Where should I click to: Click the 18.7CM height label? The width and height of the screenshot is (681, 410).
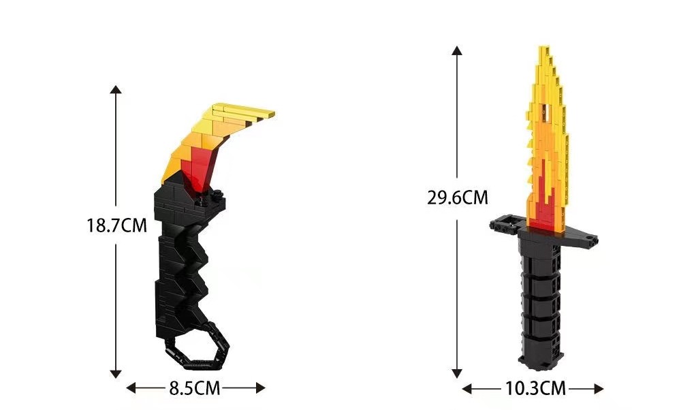click(x=117, y=226)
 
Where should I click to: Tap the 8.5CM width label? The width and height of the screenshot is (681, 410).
click(x=195, y=388)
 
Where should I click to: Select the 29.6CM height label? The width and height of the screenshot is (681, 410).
click(x=458, y=198)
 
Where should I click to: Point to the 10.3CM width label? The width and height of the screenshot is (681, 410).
click(x=535, y=388)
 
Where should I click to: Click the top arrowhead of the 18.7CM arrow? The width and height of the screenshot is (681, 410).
click(x=116, y=89)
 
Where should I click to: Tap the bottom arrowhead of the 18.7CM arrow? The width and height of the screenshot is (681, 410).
click(x=116, y=374)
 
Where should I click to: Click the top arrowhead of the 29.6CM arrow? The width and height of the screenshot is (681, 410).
click(x=456, y=50)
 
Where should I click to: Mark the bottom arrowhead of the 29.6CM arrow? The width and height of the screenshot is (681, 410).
click(x=456, y=373)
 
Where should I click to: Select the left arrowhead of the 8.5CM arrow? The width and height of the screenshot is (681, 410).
click(x=131, y=388)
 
